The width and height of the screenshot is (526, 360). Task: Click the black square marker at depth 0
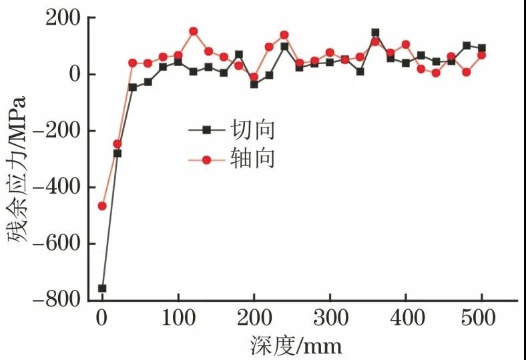(x=102, y=289)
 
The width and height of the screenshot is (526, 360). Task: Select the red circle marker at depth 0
(x=102, y=206)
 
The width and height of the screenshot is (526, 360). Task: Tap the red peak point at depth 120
(x=193, y=31)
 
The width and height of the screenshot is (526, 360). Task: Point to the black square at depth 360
(x=375, y=32)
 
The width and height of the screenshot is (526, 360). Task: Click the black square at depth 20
(x=117, y=154)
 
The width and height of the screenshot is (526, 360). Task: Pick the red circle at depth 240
(x=284, y=35)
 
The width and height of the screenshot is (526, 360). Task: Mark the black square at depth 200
(x=254, y=84)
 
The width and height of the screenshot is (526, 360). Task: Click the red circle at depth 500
(x=481, y=55)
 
